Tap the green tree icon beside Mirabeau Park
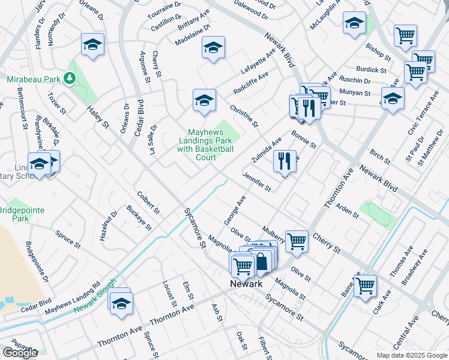[70, 78]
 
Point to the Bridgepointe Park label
[22, 214]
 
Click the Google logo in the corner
[20, 353]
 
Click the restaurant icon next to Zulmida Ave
[285, 160]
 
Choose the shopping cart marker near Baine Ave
[364, 285]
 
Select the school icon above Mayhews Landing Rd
[121, 302]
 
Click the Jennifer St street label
[257, 181]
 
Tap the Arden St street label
[347, 209]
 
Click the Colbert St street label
[148, 203]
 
